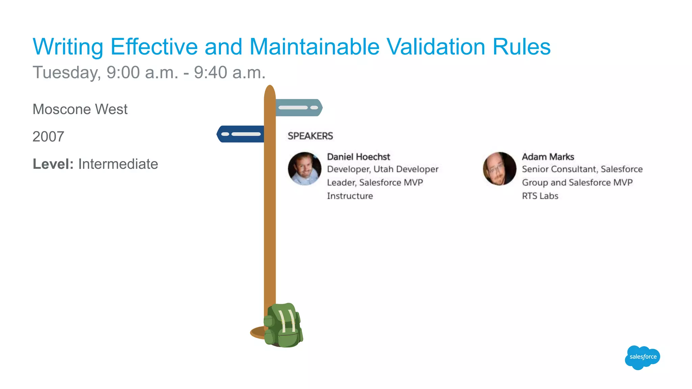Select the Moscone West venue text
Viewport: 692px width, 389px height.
pos(80,109)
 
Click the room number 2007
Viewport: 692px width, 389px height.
pos(48,137)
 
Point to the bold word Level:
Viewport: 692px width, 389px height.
pos(53,164)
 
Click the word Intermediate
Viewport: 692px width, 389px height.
pos(118,164)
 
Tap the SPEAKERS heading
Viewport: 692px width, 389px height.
pos(310,136)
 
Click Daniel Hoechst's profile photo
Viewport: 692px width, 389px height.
pos(304,168)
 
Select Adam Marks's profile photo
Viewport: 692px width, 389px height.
pos(499,168)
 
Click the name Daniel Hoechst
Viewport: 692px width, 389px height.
pos(358,157)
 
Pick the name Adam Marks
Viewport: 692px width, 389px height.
pos(548,157)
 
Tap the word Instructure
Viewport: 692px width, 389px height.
pos(350,196)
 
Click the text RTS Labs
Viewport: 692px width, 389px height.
pos(540,196)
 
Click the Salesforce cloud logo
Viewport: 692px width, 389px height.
pos(642,357)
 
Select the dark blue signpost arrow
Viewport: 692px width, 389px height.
pos(240,134)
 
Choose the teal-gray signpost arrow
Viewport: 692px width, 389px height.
pos(299,108)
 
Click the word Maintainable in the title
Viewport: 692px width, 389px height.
pos(314,47)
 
